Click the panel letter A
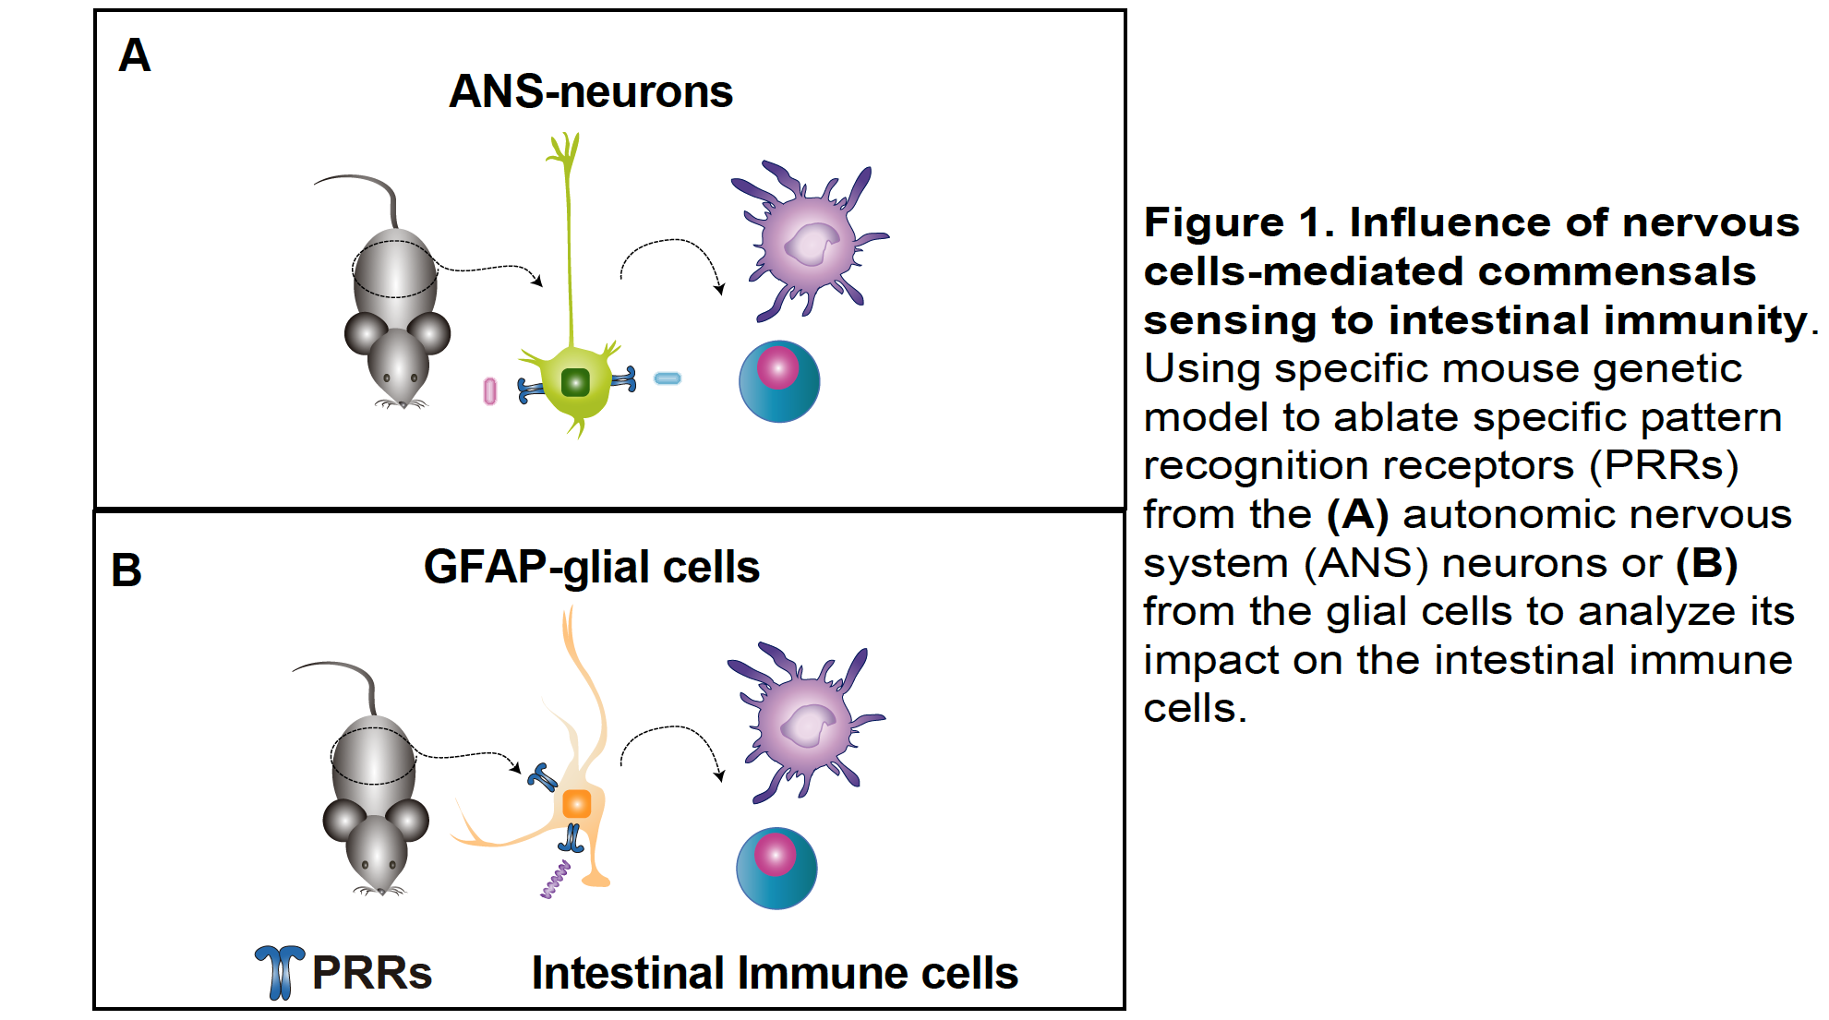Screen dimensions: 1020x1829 (135, 56)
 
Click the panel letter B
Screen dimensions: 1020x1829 (126, 570)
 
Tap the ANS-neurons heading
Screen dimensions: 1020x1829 (590, 91)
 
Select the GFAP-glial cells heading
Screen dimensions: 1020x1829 (591, 567)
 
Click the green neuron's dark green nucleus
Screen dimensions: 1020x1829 (575, 381)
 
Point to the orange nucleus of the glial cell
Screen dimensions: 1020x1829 (577, 803)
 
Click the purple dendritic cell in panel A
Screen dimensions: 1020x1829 (809, 242)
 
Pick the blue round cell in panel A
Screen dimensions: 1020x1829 (779, 381)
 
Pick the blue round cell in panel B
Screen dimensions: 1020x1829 (776, 868)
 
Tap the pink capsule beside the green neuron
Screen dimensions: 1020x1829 (490, 391)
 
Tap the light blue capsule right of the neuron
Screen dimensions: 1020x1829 (668, 378)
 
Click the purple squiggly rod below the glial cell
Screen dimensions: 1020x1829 (556, 879)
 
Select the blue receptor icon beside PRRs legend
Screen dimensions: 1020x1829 (280, 971)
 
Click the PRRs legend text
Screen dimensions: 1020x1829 (372, 973)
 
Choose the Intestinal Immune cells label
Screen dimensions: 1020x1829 (775, 973)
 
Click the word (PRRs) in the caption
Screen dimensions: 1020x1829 (1664, 465)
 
